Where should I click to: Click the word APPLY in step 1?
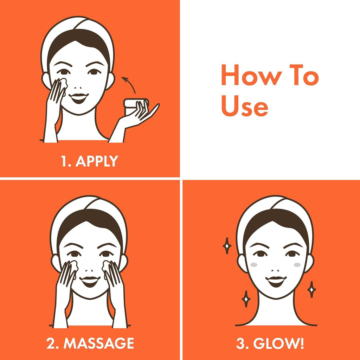(97, 161)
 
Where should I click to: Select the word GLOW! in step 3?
(278, 343)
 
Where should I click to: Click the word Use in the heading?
(245, 106)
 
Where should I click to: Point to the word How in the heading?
(252, 75)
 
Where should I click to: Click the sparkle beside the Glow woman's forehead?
(227, 246)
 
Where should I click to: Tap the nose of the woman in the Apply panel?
(78, 88)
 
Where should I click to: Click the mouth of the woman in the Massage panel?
(90, 281)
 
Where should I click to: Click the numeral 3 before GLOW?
(240, 343)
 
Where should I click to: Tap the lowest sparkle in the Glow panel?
(246, 299)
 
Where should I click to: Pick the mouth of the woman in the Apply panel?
(78, 98)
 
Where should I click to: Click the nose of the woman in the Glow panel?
(275, 271)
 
